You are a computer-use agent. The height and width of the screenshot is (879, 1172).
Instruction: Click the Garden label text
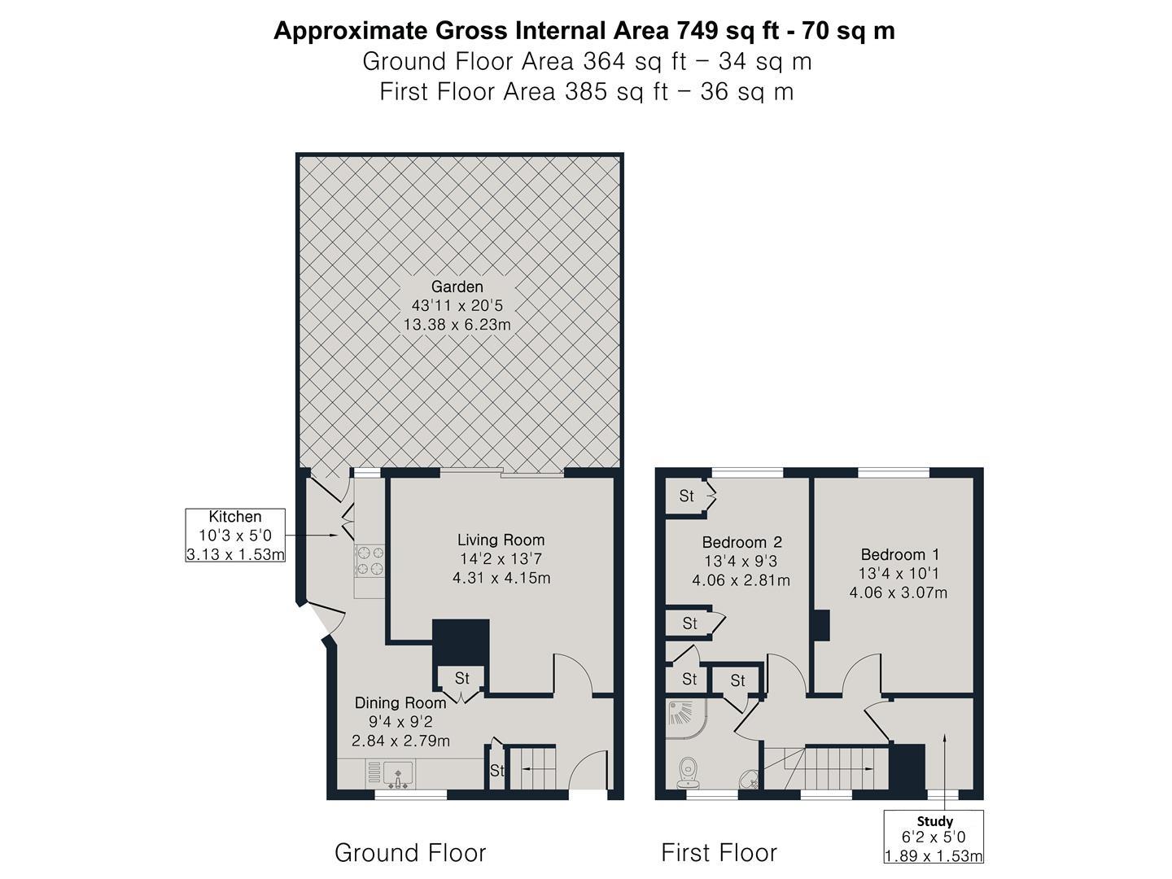point(457,286)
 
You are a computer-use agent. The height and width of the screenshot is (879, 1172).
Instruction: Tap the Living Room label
point(501,540)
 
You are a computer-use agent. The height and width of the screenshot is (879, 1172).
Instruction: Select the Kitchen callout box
point(235,536)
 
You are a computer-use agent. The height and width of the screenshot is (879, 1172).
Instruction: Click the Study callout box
point(934,837)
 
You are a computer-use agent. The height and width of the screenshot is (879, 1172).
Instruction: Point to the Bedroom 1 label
point(899,555)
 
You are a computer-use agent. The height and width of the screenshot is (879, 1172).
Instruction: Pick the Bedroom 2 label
point(741,542)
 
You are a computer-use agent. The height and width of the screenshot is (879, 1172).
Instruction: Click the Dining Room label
point(400,702)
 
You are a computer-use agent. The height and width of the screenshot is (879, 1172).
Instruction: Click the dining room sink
point(399,774)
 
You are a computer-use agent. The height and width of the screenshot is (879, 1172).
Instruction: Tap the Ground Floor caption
point(410,853)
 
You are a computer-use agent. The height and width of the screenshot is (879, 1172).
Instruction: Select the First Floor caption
point(719,853)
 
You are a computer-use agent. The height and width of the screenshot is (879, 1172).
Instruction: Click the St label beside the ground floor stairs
point(496,771)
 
